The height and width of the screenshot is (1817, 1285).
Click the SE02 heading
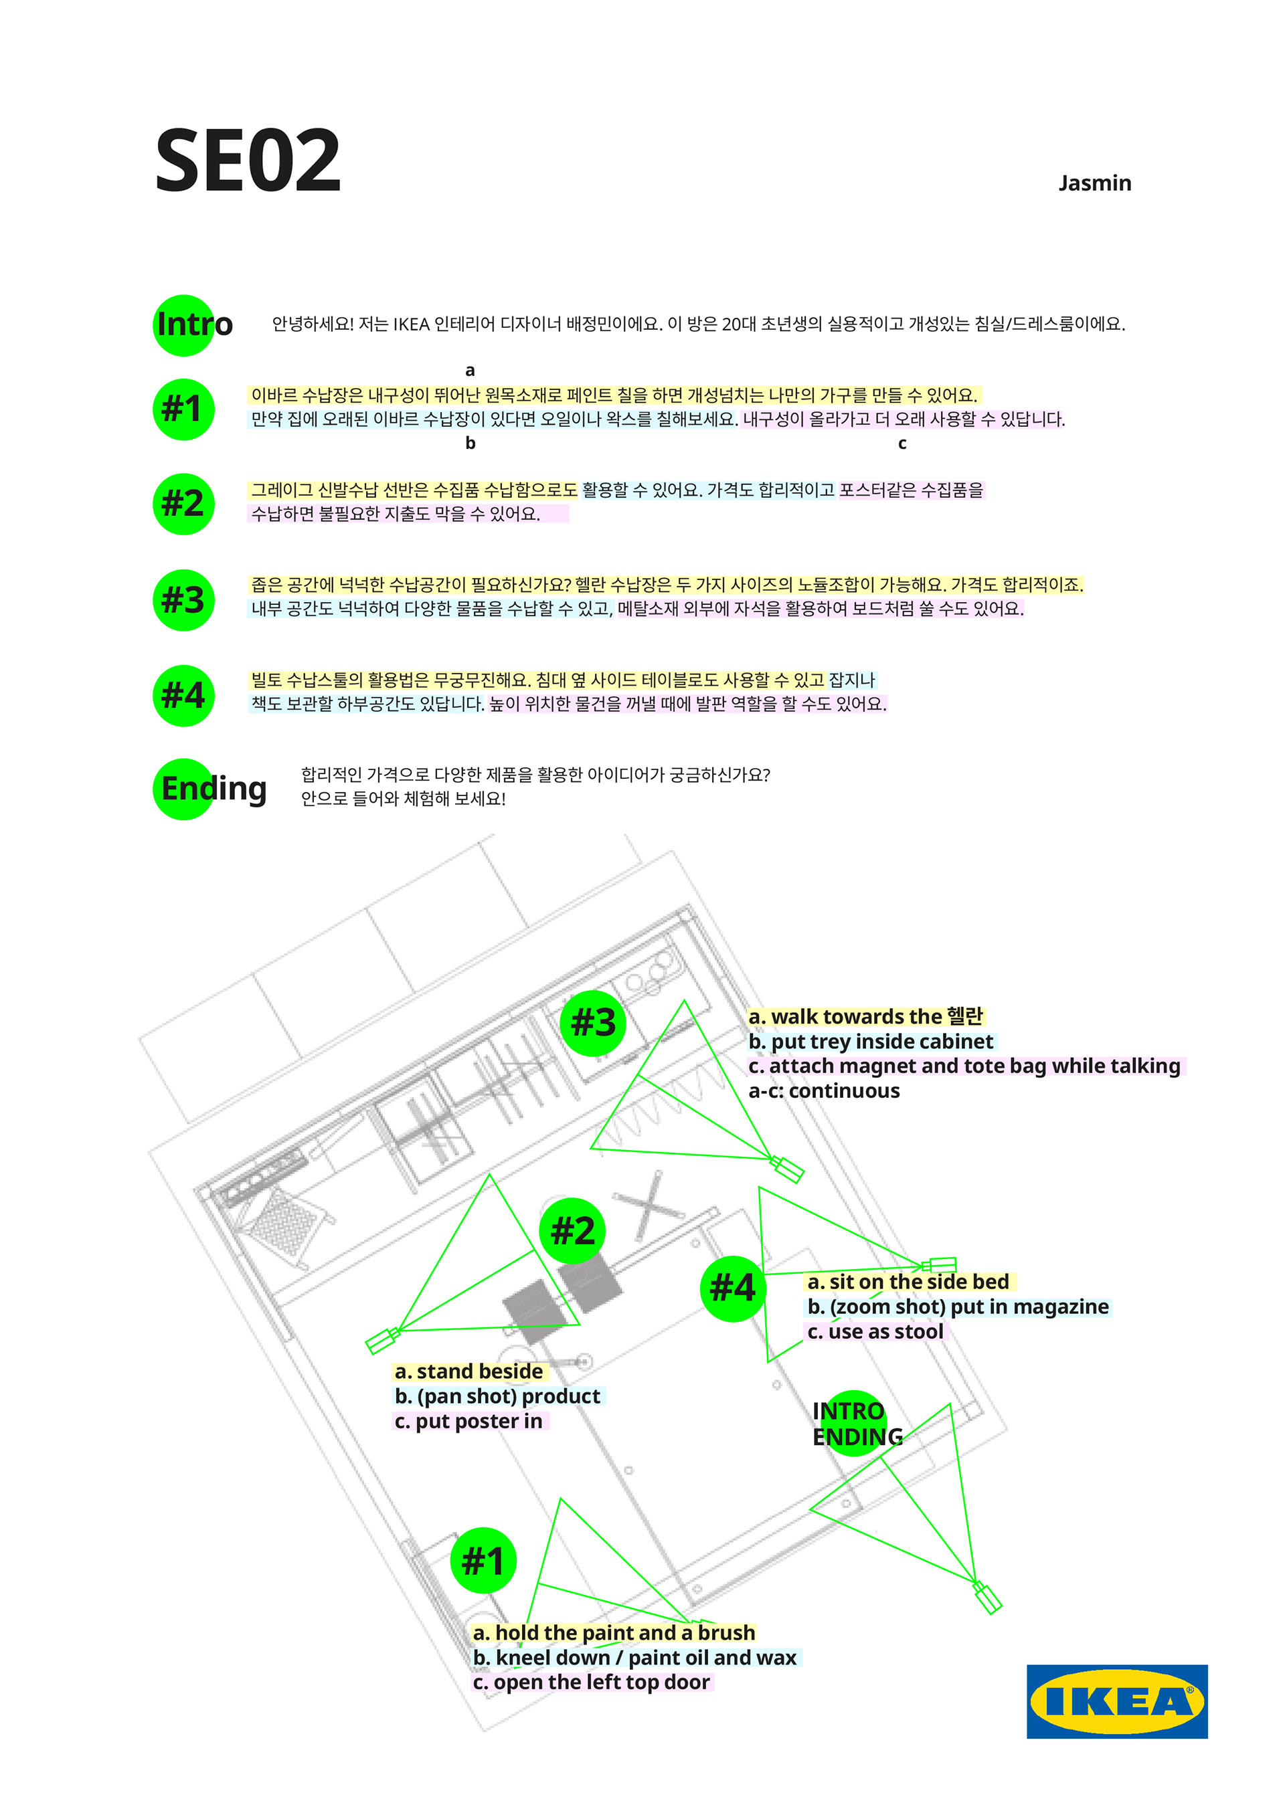pos(248,161)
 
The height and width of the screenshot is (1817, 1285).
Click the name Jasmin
pos(1094,183)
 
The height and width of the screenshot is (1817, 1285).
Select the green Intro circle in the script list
pos(183,325)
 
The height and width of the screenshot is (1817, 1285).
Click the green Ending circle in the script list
pos(183,789)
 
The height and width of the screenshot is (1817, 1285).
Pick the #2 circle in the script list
pos(183,504)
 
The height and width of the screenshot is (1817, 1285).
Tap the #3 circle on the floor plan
pos(593,1022)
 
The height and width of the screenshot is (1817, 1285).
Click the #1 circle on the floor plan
pos(483,1560)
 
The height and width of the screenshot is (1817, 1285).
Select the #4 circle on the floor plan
pos(732,1288)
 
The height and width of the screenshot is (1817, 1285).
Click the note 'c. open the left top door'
pos(592,1682)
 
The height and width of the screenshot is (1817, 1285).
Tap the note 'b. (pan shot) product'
pos(497,1396)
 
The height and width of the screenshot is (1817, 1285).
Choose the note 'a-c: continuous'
pos(823,1090)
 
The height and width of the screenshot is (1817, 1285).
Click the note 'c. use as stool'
pos(875,1331)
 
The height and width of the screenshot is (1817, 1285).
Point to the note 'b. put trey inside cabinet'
pos(870,1042)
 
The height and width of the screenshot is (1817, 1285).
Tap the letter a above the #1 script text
pos(470,371)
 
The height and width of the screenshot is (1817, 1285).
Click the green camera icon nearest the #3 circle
pos(788,1169)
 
